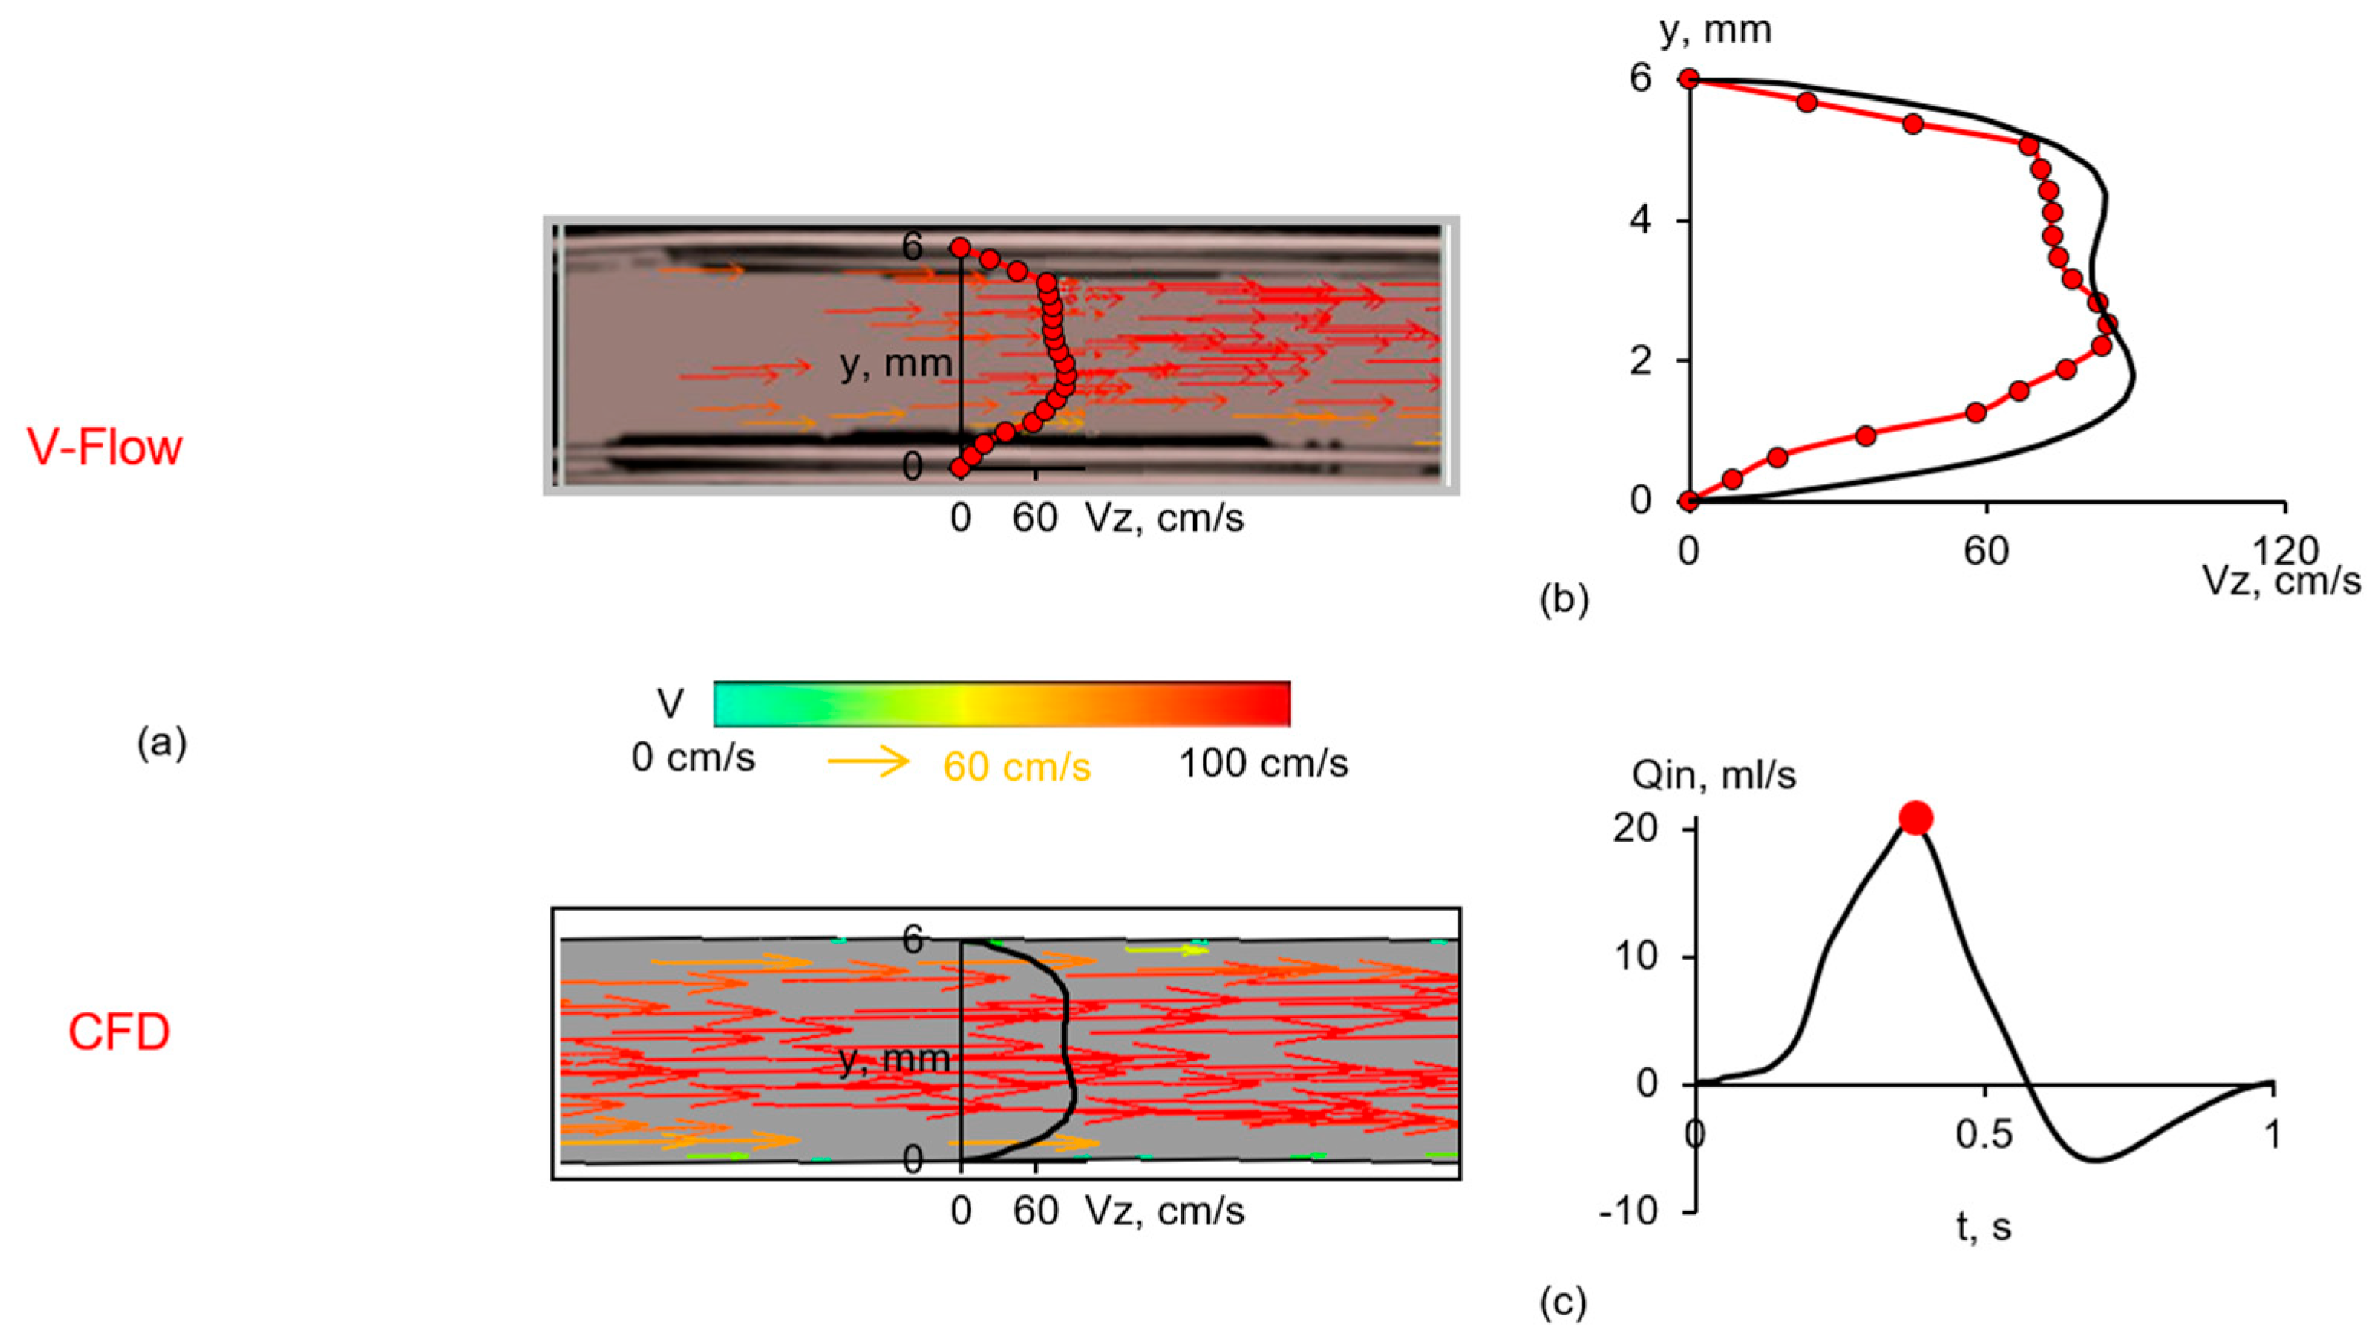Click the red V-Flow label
click(x=104, y=448)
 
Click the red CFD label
click(x=119, y=1032)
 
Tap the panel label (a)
click(x=162, y=742)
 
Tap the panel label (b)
click(x=1565, y=600)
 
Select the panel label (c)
click(x=1564, y=1302)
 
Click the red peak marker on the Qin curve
click(x=1915, y=818)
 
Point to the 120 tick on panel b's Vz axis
click(x=2284, y=552)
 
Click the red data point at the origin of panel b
click(x=1689, y=501)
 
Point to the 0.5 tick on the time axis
click(x=1984, y=1135)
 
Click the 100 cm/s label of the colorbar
click(x=1263, y=764)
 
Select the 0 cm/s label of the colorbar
click(x=693, y=758)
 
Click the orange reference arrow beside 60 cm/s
click(x=868, y=762)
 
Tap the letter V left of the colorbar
click(x=670, y=705)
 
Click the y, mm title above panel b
click(x=1716, y=31)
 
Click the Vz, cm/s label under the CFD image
click(x=1164, y=1211)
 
